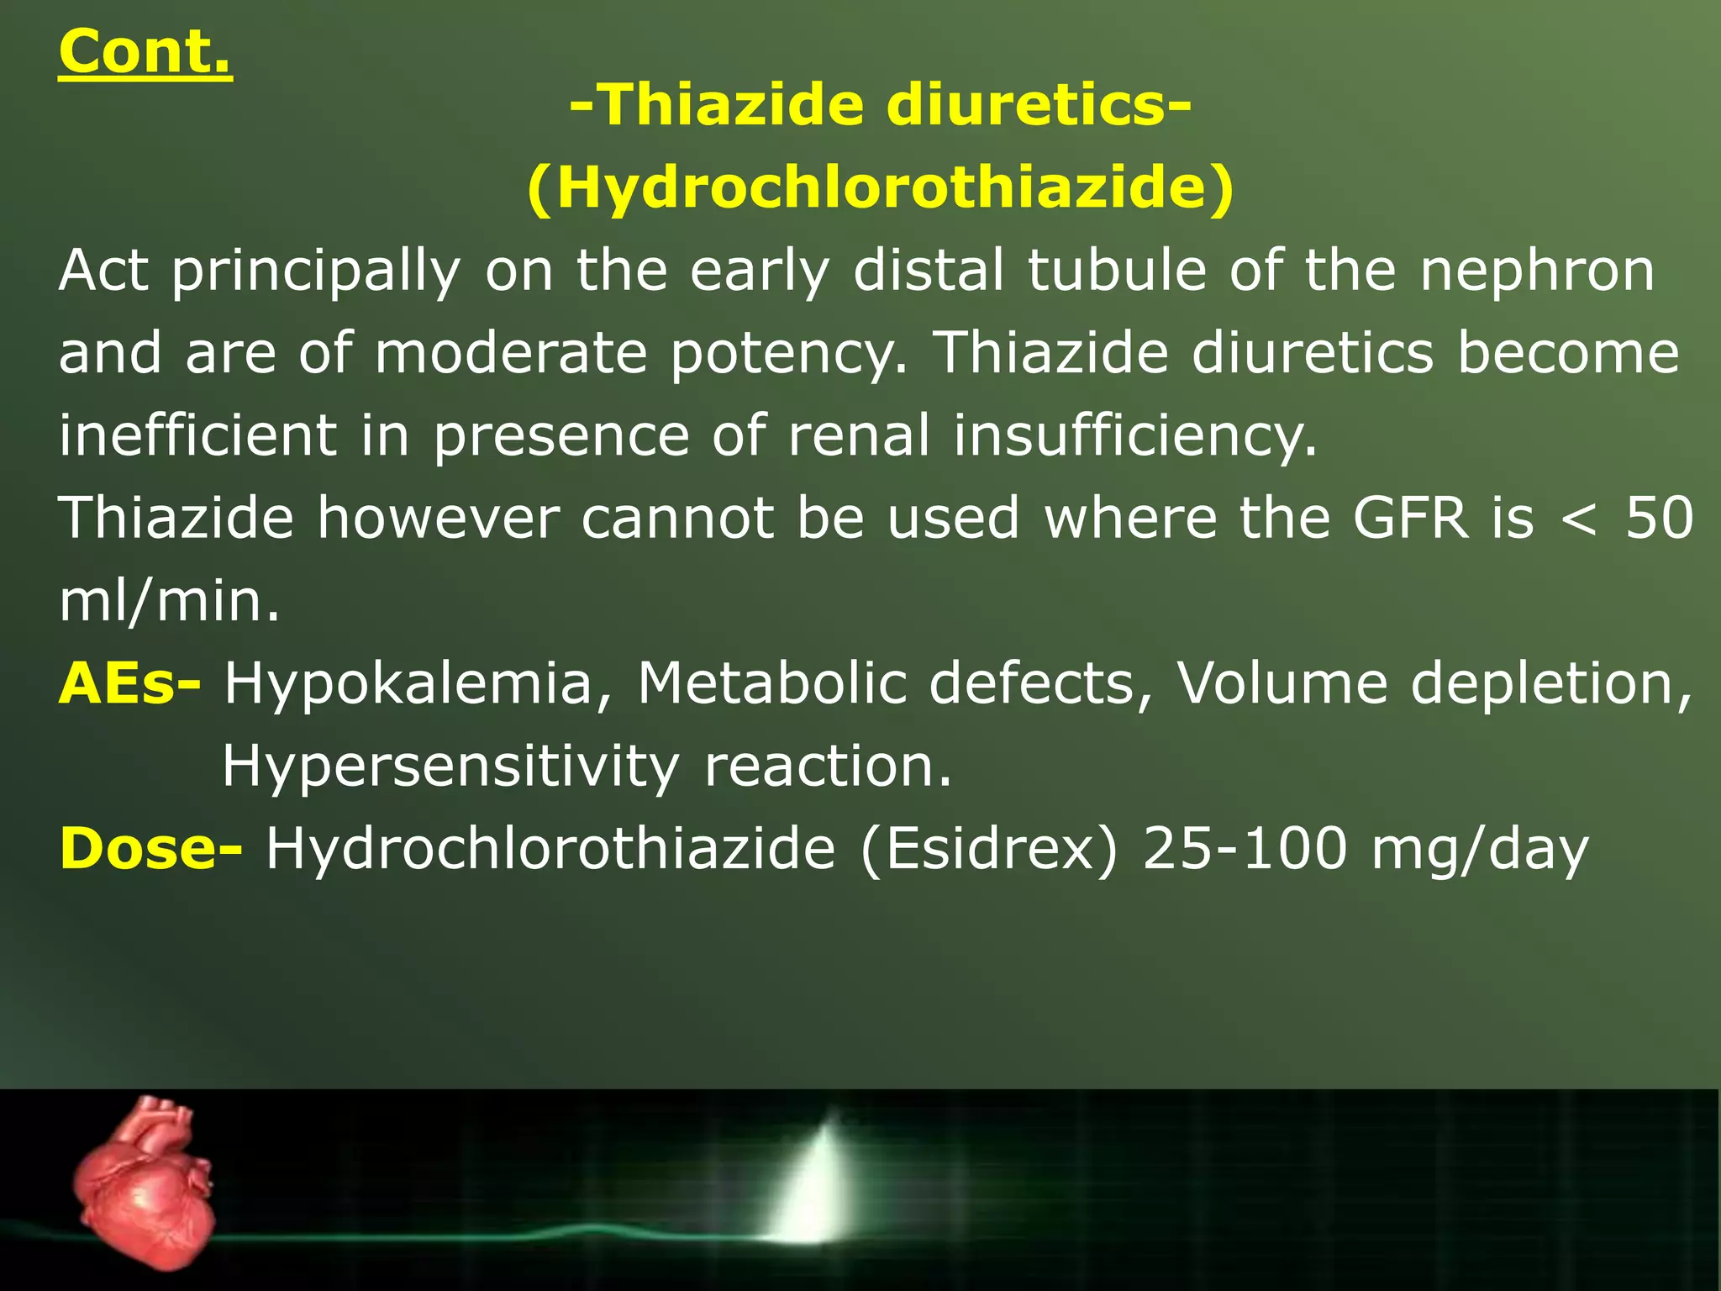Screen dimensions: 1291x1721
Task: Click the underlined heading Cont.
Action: pyautogui.click(x=145, y=52)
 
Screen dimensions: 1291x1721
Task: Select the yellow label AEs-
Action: pyautogui.click(x=129, y=682)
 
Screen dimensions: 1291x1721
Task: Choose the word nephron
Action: pyautogui.click(x=1537, y=271)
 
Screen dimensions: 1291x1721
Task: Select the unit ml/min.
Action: pyautogui.click(x=169, y=601)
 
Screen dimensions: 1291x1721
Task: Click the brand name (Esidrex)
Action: pyautogui.click(x=988, y=848)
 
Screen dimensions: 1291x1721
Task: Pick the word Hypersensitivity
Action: pyautogui.click(x=450, y=767)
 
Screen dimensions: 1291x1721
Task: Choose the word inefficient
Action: pyautogui.click(x=197, y=435)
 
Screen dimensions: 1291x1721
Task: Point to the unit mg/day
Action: pyautogui.click(x=1480, y=850)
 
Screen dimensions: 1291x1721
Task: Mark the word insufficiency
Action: pyautogui.click(x=1134, y=437)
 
